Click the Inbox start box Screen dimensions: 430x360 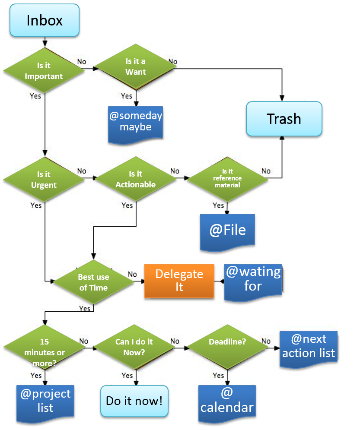(45, 20)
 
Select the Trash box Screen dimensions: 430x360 (284, 119)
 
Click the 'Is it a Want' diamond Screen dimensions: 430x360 (136, 67)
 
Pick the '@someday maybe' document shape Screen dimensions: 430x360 (135, 122)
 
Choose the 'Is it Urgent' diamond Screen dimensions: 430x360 (44, 180)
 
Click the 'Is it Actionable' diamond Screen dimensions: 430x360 (136, 179)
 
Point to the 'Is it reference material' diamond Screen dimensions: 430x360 (228, 178)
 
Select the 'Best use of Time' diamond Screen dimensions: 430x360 (93, 282)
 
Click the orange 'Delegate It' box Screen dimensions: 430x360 (179, 280)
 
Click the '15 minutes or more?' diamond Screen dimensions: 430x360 (44, 347)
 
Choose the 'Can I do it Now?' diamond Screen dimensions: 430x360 (134, 347)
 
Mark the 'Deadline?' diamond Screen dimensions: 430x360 (227, 342)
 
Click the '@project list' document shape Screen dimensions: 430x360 (45, 402)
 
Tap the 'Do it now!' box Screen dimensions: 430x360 (134, 401)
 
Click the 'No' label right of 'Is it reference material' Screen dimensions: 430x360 (266, 171)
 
